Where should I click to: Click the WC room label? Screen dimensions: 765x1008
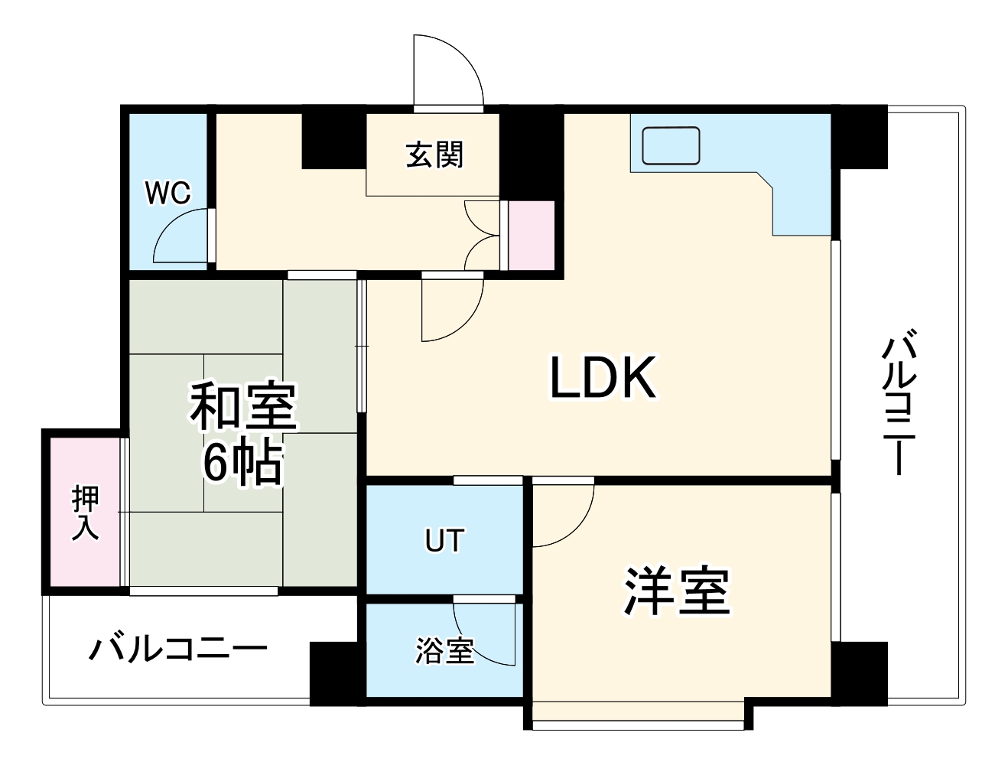[x=167, y=194]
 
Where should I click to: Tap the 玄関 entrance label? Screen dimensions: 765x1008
[x=434, y=155]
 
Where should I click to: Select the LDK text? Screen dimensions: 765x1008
[x=603, y=378]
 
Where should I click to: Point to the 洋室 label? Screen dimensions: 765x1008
[x=678, y=591]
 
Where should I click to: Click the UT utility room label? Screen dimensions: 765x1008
[x=444, y=541]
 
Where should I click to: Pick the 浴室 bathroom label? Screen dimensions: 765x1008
[x=444, y=651]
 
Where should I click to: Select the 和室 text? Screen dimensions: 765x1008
[x=243, y=406]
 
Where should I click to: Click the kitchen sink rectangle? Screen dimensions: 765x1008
[x=671, y=146]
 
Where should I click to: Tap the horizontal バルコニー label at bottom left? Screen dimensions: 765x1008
[x=178, y=649]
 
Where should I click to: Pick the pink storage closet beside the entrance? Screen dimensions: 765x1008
[x=532, y=236]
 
